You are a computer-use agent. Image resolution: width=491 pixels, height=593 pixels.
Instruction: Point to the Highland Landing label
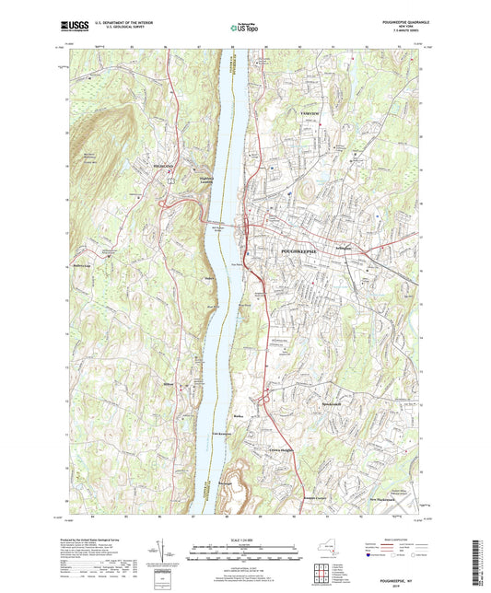tap(213, 180)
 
